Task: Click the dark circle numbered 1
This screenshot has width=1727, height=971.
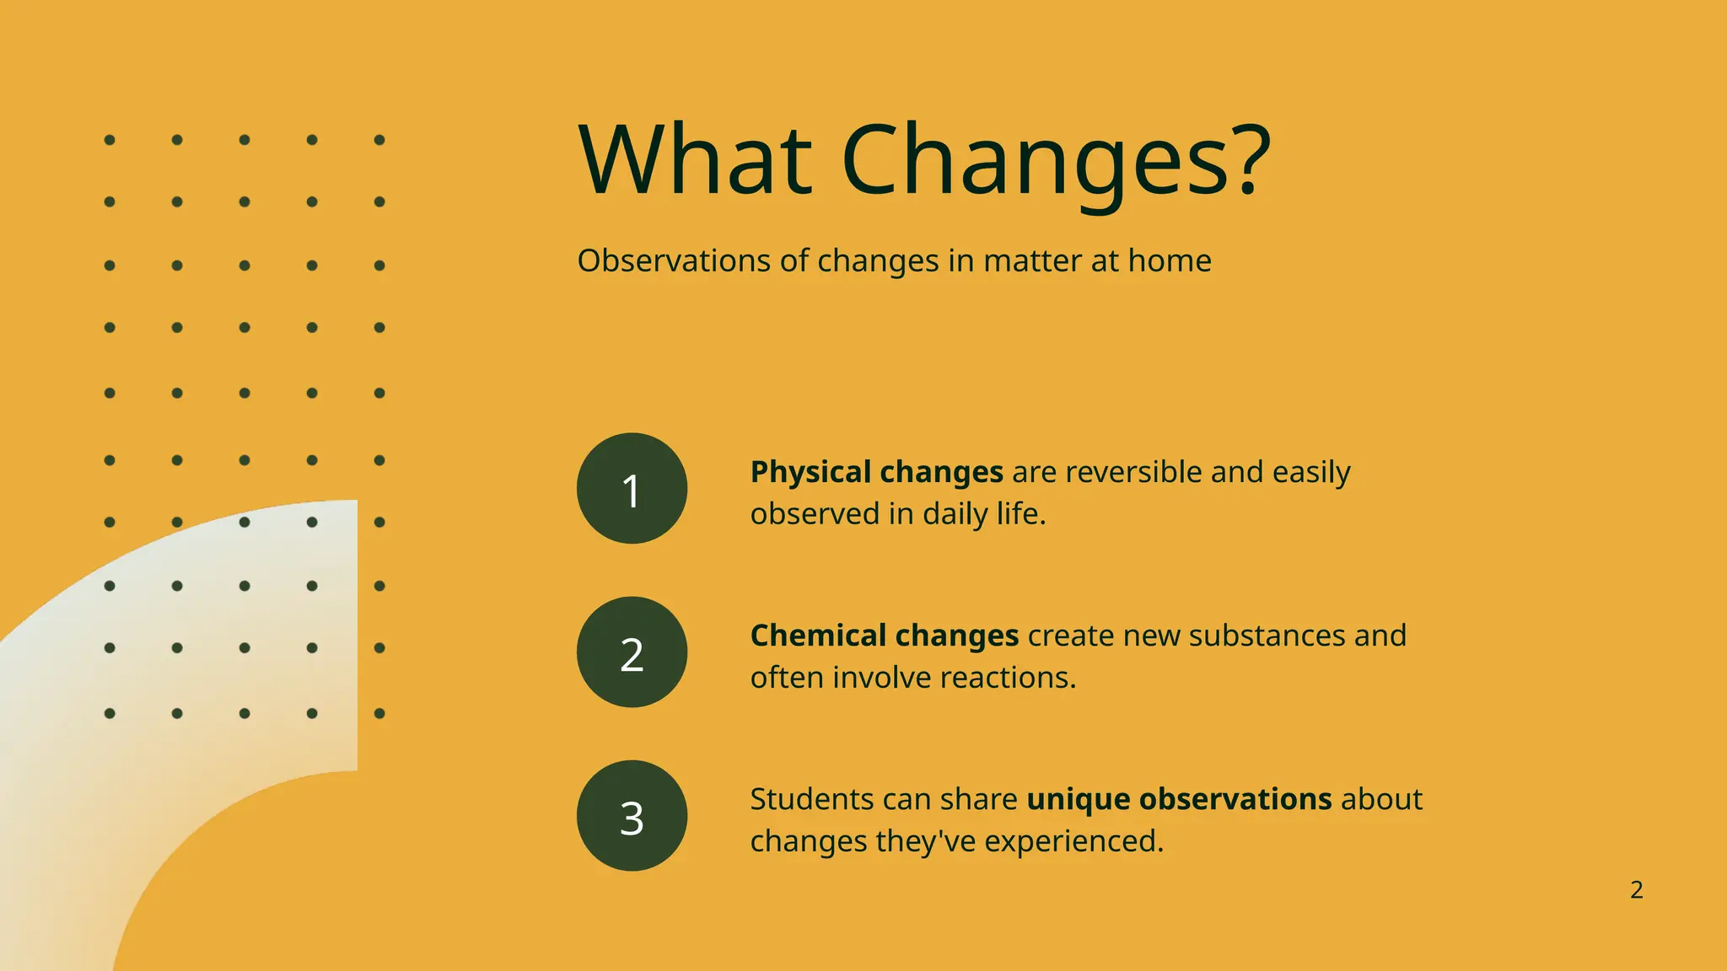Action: tap(632, 489)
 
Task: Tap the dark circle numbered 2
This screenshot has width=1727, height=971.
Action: tap(632, 652)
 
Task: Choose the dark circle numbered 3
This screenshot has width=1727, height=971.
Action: tap(632, 816)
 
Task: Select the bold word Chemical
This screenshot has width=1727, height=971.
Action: tap(817, 636)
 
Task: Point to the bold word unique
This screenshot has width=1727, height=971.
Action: tap(1078, 800)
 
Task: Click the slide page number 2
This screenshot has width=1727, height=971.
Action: tap(1636, 890)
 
